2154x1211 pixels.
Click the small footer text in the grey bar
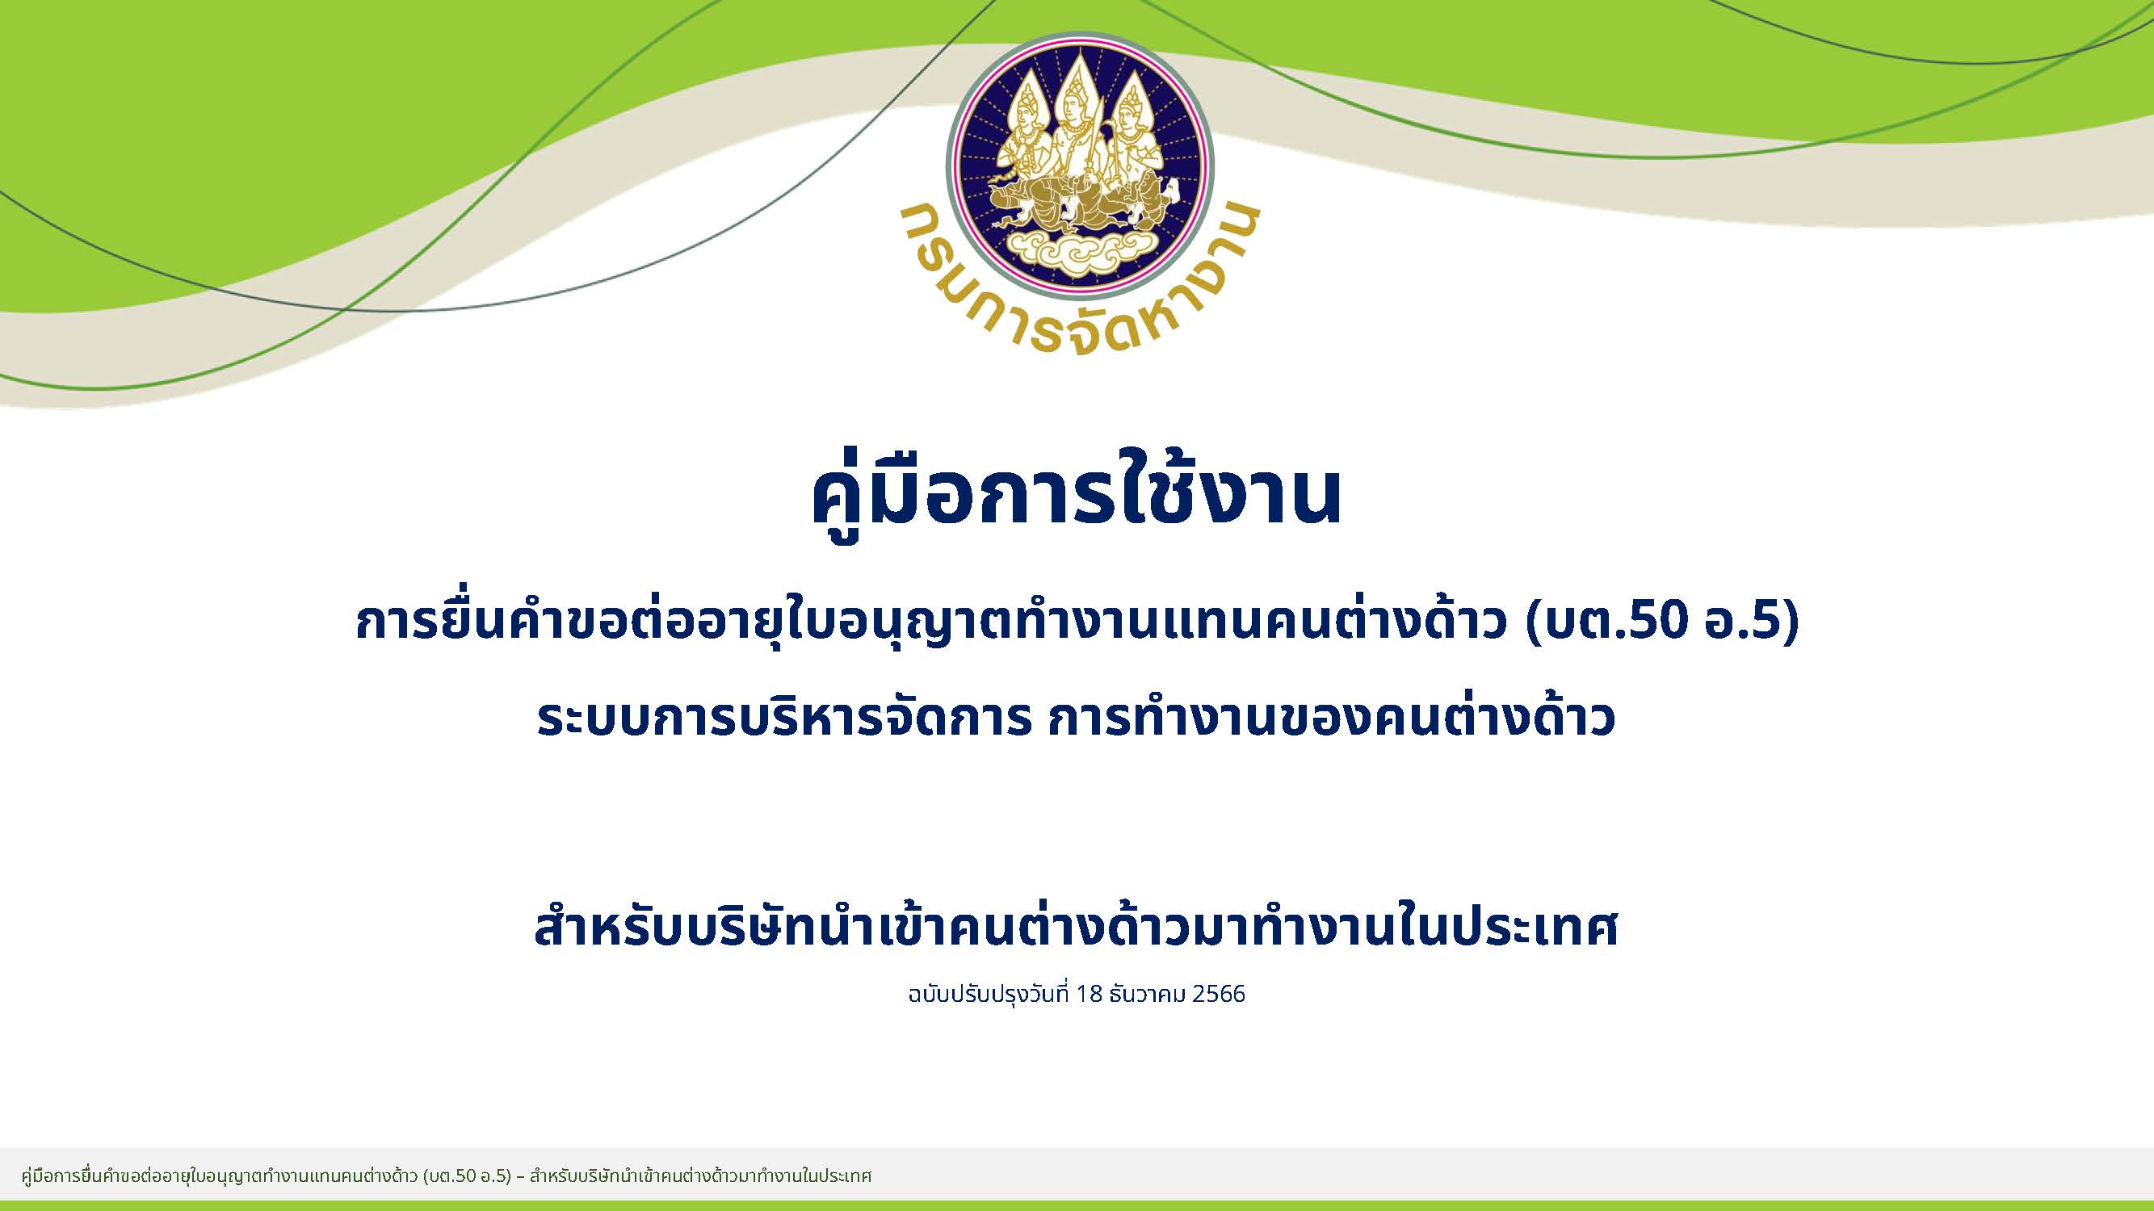point(447,1176)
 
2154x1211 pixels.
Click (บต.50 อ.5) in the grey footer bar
point(467,1176)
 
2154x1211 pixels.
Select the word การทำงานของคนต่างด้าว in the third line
point(1329,719)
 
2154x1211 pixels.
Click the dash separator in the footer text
point(520,1176)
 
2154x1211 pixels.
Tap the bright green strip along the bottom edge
point(1077,1205)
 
